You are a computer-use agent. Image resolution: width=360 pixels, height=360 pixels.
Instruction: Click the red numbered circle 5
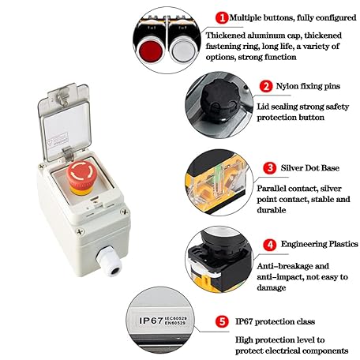pyautogui.click(x=222, y=322)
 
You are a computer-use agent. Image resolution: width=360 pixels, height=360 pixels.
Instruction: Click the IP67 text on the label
pyautogui.click(x=149, y=321)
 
